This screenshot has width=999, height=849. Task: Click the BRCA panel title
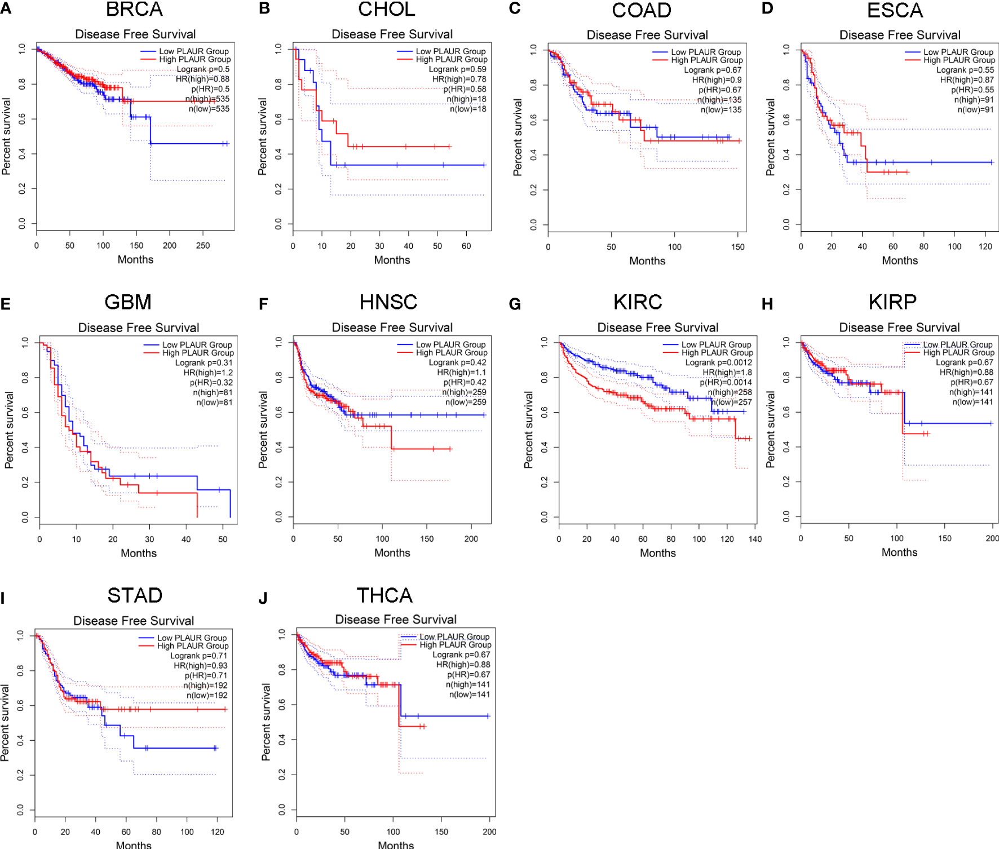click(134, 10)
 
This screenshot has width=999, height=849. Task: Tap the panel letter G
click(514, 304)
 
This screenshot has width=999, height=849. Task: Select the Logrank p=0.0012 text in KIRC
click(718, 362)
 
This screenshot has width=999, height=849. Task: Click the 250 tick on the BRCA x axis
click(203, 246)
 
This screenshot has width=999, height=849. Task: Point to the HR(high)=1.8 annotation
click(727, 373)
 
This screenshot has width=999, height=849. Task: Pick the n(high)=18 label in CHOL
click(466, 99)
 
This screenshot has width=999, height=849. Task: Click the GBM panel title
click(128, 302)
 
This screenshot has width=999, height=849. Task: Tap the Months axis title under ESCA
click(900, 260)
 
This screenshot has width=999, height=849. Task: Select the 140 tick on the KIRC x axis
click(755, 539)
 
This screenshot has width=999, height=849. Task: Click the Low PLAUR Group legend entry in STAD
click(192, 638)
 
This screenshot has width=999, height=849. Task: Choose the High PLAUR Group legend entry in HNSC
click(452, 353)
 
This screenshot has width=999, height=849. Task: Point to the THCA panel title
click(384, 595)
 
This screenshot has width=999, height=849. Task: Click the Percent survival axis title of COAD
click(518, 138)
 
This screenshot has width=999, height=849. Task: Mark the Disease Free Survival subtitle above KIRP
click(899, 328)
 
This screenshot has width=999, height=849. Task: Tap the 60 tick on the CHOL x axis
click(466, 246)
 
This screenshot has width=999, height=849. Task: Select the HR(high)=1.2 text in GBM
click(208, 373)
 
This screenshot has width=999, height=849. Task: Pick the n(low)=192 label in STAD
click(207, 695)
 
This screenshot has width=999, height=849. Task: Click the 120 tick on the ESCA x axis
click(985, 246)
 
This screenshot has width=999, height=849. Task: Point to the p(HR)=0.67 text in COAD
click(720, 90)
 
